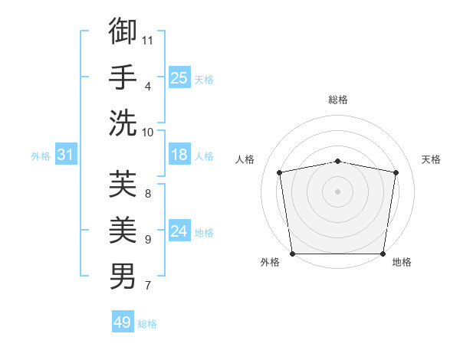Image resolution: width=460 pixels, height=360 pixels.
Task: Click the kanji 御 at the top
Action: click(123, 31)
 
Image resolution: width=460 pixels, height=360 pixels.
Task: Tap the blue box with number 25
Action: click(179, 77)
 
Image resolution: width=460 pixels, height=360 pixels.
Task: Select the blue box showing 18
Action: click(179, 155)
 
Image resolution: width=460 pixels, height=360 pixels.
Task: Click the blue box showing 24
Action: click(179, 231)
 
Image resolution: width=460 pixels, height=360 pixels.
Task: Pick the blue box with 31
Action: click(66, 155)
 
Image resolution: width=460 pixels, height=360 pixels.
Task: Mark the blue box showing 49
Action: click(123, 322)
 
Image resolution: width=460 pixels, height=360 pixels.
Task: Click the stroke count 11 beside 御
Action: click(148, 40)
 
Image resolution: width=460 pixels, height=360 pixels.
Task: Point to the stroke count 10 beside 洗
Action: click(148, 132)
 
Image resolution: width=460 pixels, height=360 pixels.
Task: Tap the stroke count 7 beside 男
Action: click(147, 286)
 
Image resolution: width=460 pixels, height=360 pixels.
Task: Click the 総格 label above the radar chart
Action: click(338, 100)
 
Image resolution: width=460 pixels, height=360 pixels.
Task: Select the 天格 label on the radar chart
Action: click(431, 159)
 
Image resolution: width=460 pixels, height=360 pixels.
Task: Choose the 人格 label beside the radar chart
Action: click(245, 159)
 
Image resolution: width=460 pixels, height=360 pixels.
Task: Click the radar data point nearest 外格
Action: click(292, 254)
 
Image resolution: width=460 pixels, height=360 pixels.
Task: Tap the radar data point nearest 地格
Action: click(383, 254)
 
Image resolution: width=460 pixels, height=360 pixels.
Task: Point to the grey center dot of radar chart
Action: click(338, 191)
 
